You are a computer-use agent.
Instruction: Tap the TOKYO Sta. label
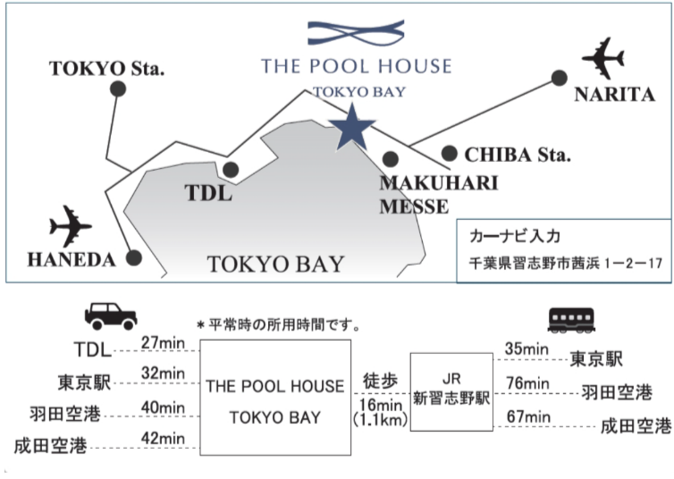[x=107, y=67]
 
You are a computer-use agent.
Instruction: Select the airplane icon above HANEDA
[x=70, y=226]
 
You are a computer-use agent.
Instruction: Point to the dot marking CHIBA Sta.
[x=449, y=154]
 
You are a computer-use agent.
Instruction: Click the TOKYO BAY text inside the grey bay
[x=275, y=264]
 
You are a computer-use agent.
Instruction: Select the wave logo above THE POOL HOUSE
[x=356, y=34]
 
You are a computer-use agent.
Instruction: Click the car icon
[x=110, y=315]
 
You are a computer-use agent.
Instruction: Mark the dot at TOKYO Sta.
[x=117, y=88]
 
